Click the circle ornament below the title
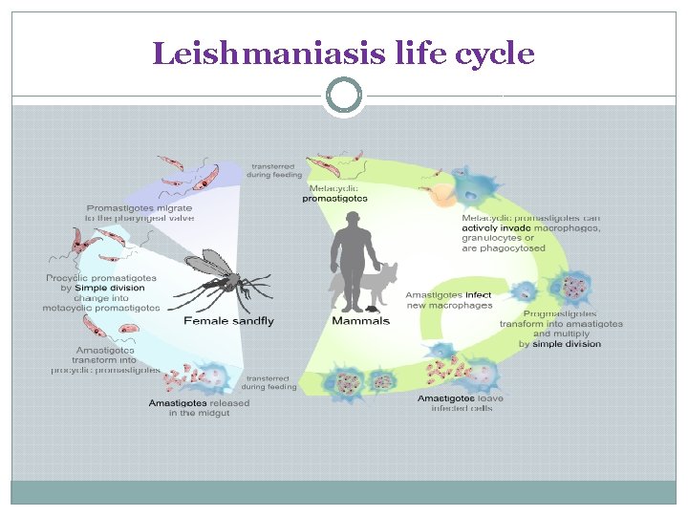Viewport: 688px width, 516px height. [x=343, y=96]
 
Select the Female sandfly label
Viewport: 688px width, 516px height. [x=228, y=321]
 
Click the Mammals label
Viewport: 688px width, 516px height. [x=360, y=321]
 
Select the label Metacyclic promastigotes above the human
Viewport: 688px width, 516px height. [x=333, y=193]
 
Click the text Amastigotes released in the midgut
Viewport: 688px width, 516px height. [x=198, y=408]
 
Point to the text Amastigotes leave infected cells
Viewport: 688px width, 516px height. [x=461, y=403]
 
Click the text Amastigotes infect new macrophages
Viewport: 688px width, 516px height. [x=449, y=300]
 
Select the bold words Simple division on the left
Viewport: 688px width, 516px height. [x=110, y=288]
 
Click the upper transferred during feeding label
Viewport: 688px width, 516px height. [x=273, y=169]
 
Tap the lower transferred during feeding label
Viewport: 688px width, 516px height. [x=268, y=382]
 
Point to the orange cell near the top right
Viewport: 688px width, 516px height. [x=442, y=194]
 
